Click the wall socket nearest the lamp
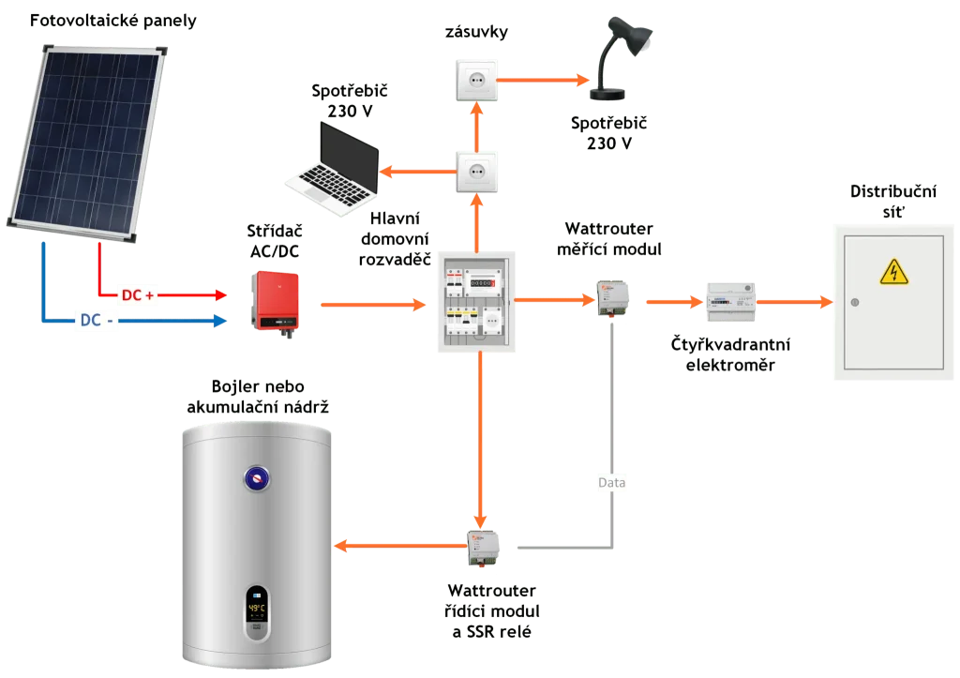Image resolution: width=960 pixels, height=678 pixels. (x=476, y=80)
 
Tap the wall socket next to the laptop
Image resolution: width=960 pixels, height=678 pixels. (x=476, y=172)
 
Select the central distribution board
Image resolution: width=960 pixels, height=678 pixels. (x=476, y=303)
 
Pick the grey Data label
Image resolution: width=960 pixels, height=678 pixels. (x=611, y=483)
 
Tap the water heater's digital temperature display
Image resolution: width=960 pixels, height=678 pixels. (x=257, y=609)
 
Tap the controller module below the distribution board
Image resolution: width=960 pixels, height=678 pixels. (x=484, y=546)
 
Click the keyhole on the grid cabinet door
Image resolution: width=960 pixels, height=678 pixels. (x=854, y=302)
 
